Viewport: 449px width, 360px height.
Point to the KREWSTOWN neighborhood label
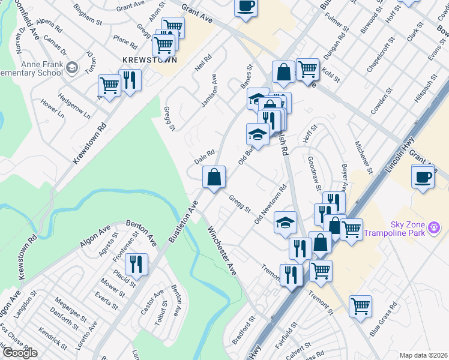coord(141,61)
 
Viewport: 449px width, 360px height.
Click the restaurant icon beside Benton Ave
coord(137,264)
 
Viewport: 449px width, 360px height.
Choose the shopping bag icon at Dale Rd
coord(214,178)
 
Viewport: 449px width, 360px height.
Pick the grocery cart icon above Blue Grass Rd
coord(360,306)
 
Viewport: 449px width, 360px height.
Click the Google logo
coord(19,353)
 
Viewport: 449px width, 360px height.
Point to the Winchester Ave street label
coord(222,251)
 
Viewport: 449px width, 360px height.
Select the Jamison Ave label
coord(208,91)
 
